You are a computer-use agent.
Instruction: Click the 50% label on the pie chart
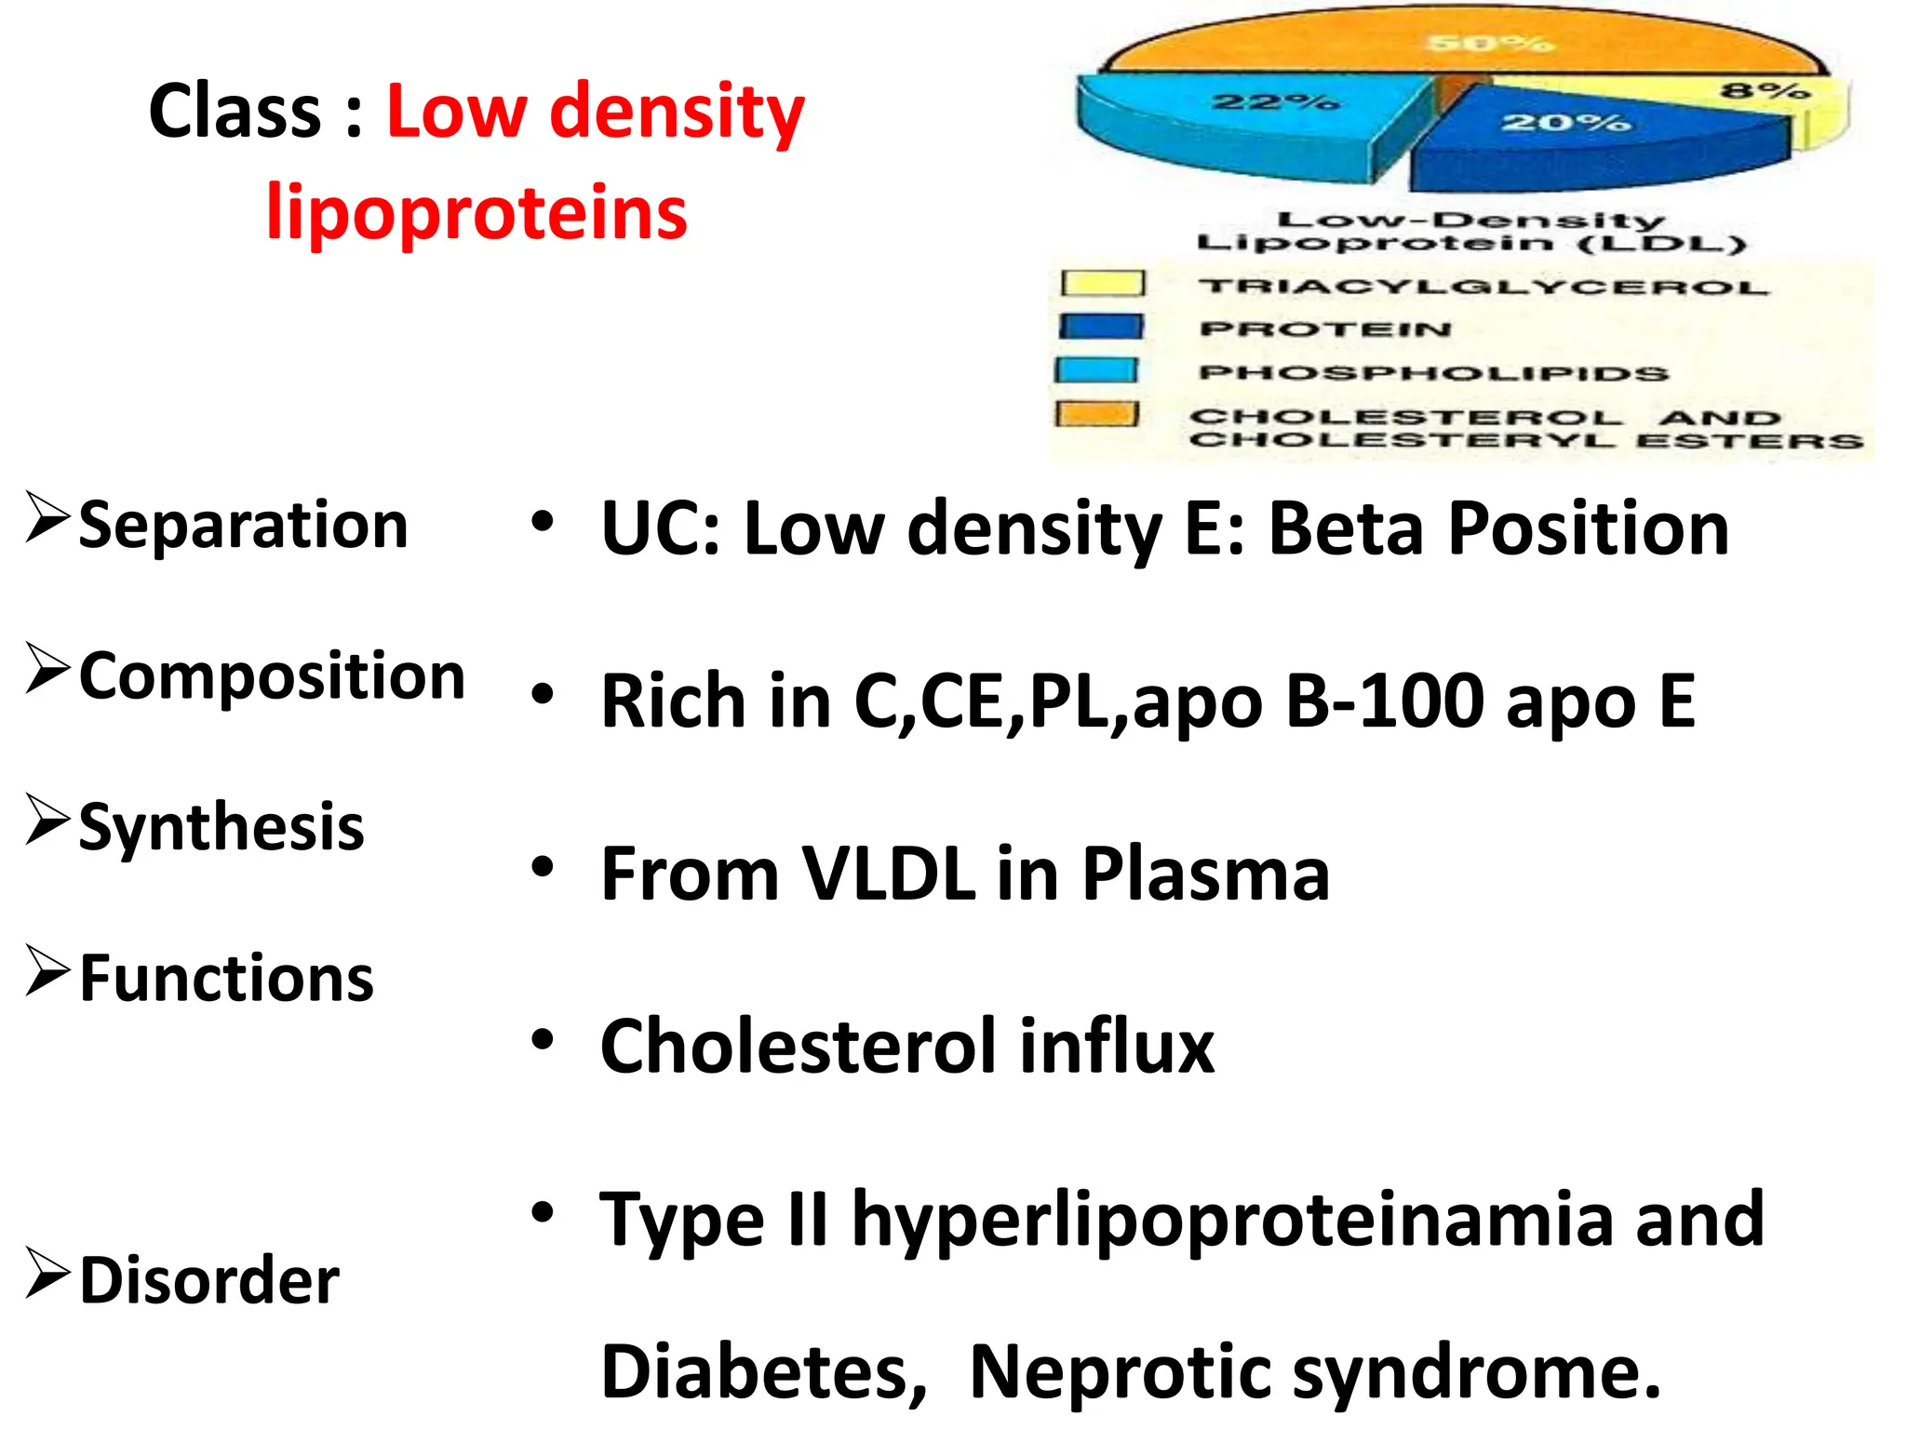[x=1490, y=43]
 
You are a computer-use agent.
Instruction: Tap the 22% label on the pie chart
[x=1275, y=101]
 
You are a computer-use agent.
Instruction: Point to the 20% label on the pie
[x=1565, y=122]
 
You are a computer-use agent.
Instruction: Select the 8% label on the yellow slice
[x=1765, y=91]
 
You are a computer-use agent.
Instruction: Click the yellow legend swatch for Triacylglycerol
[x=1103, y=283]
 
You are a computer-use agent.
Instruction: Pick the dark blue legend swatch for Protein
[x=1101, y=327]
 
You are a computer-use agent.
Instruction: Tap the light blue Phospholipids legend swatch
[x=1097, y=370]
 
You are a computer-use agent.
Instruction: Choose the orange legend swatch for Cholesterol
[x=1097, y=414]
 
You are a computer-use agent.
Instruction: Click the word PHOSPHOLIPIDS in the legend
[x=1433, y=373]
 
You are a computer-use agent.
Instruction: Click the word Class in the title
[x=235, y=112]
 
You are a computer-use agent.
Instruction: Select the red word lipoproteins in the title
[x=476, y=213]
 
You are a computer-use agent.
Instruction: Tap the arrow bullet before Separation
[x=47, y=517]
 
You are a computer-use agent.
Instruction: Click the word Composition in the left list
[x=272, y=676]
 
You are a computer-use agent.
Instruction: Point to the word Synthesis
[x=221, y=827]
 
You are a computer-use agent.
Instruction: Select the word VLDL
[x=888, y=875]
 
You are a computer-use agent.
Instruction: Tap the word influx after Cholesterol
[x=1116, y=1047]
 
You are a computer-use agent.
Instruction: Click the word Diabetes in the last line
[x=764, y=1371]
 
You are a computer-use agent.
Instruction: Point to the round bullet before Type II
[x=543, y=1212]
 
